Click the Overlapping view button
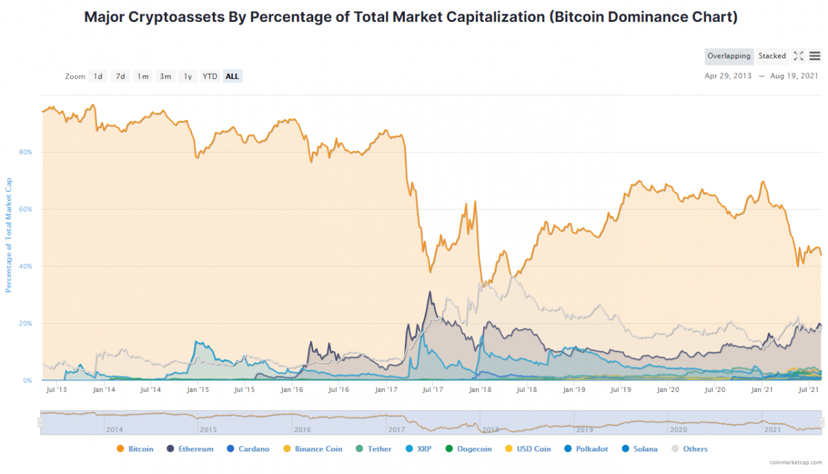click(x=729, y=56)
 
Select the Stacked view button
click(x=772, y=56)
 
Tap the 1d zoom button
click(x=98, y=76)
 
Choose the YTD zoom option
click(x=210, y=76)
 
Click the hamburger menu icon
click(x=815, y=56)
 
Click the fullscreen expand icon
click(x=798, y=56)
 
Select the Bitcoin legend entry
click(x=135, y=449)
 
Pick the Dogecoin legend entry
click(x=468, y=449)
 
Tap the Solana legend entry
click(x=641, y=449)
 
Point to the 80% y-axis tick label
click(x=27, y=153)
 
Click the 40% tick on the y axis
click(x=27, y=266)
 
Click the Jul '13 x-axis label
click(x=56, y=390)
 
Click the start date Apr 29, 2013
click(x=728, y=76)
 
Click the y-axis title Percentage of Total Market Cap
click(x=9, y=235)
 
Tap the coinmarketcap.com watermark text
click(x=795, y=462)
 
